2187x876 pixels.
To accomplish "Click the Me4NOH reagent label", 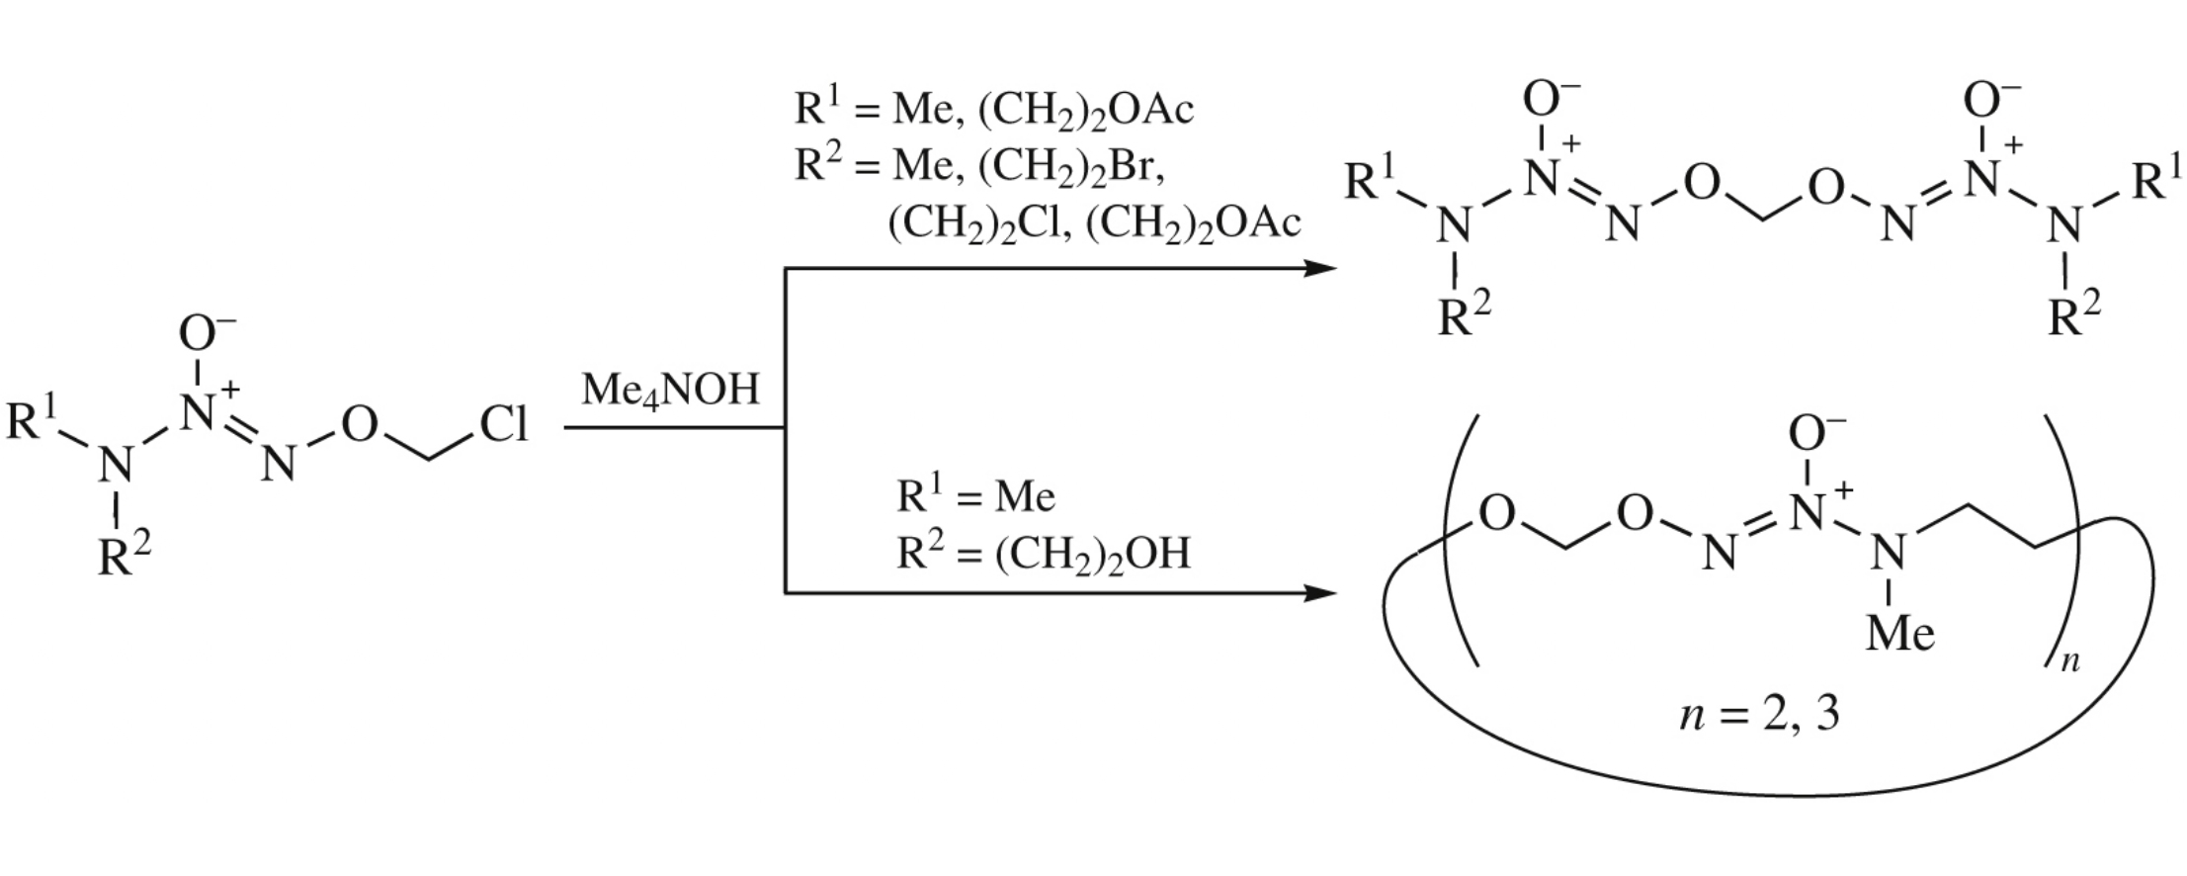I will coord(670,390).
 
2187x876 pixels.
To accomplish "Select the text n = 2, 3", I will coord(1759,712).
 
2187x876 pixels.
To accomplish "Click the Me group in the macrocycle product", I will coord(1899,633).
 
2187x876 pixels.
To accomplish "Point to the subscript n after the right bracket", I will coord(2070,660).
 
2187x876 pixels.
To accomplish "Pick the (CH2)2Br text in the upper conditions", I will coord(1071,166).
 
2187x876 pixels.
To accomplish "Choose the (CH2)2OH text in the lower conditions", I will coord(1092,554).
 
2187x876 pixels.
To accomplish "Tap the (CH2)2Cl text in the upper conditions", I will coord(978,223).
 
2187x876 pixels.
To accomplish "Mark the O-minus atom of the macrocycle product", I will coord(1814,433).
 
